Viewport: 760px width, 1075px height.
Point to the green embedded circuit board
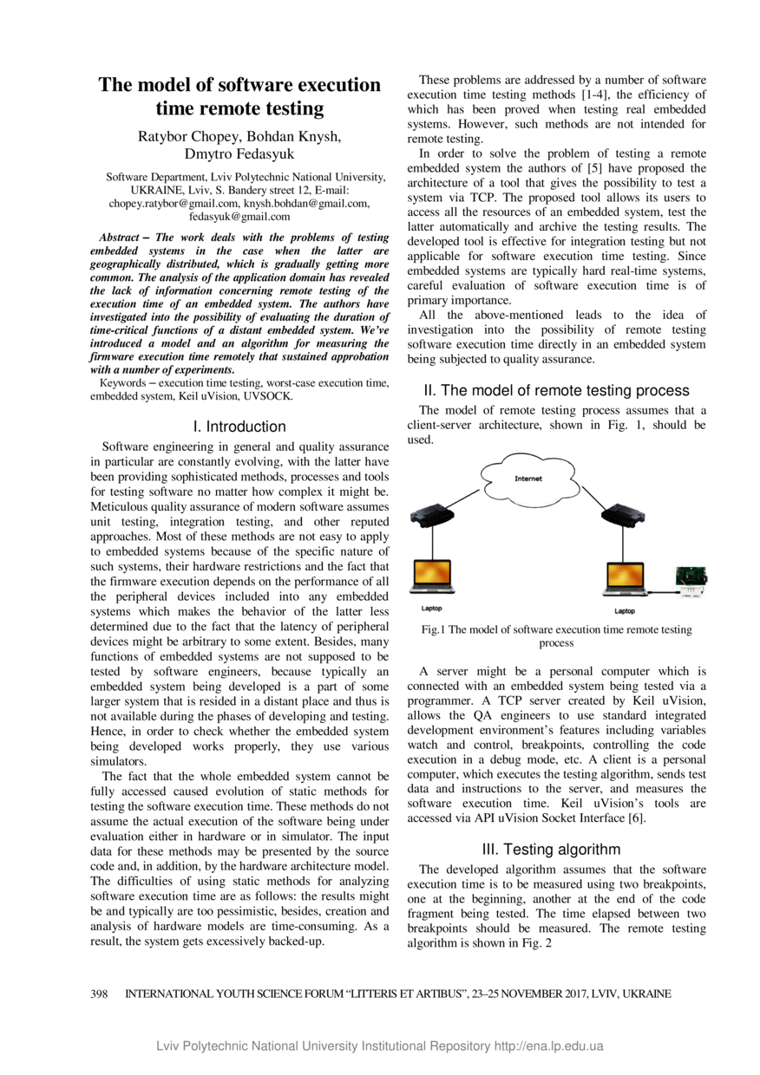tap(692, 577)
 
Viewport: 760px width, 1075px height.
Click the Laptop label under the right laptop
tap(625, 611)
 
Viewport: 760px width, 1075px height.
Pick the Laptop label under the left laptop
tap(431, 609)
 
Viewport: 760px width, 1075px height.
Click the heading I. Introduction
tap(239, 427)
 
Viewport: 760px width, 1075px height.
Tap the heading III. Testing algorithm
tap(556, 849)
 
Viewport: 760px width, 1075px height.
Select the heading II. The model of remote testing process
tap(556, 390)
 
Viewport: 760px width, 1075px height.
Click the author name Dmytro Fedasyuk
tap(239, 154)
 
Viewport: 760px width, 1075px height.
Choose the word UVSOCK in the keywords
tap(269, 396)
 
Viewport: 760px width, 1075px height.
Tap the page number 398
tap(99, 994)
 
